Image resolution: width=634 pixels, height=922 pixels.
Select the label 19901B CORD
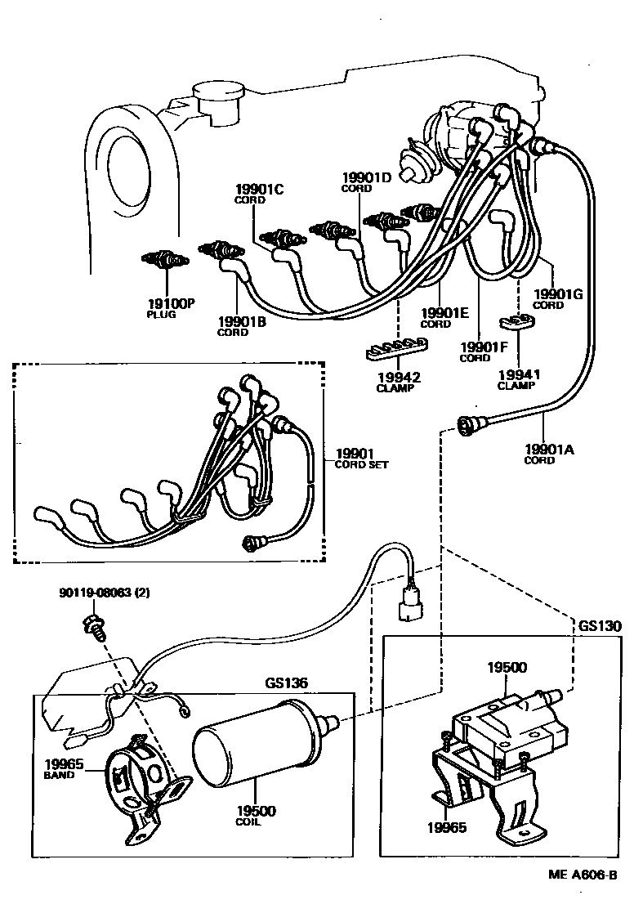[x=242, y=326]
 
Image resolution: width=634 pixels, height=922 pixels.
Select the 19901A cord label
[x=550, y=453]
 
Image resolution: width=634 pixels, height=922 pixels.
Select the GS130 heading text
[x=600, y=626]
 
